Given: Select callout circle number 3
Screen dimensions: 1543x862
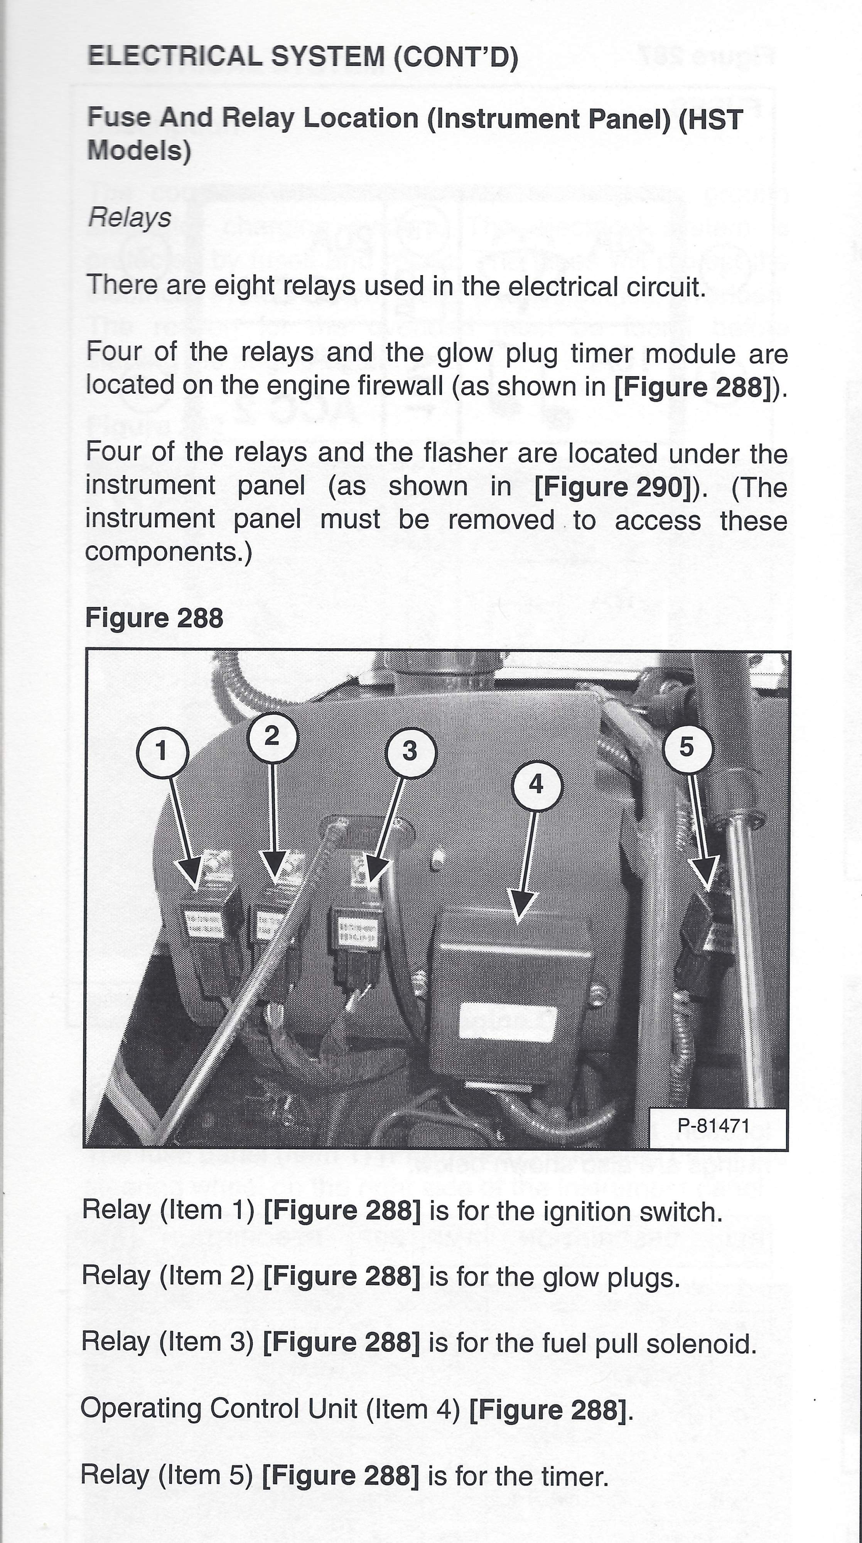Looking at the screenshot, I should click(x=410, y=751).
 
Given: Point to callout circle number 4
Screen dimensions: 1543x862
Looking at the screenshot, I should click(x=536, y=784).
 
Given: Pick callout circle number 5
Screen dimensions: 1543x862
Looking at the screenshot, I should click(x=687, y=747).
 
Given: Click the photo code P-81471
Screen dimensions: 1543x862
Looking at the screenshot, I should click(x=714, y=1125).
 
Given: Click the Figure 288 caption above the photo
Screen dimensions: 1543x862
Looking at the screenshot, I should click(x=154, y=618).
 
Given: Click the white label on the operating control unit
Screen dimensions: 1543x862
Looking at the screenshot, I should click(x=508, y=1024).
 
